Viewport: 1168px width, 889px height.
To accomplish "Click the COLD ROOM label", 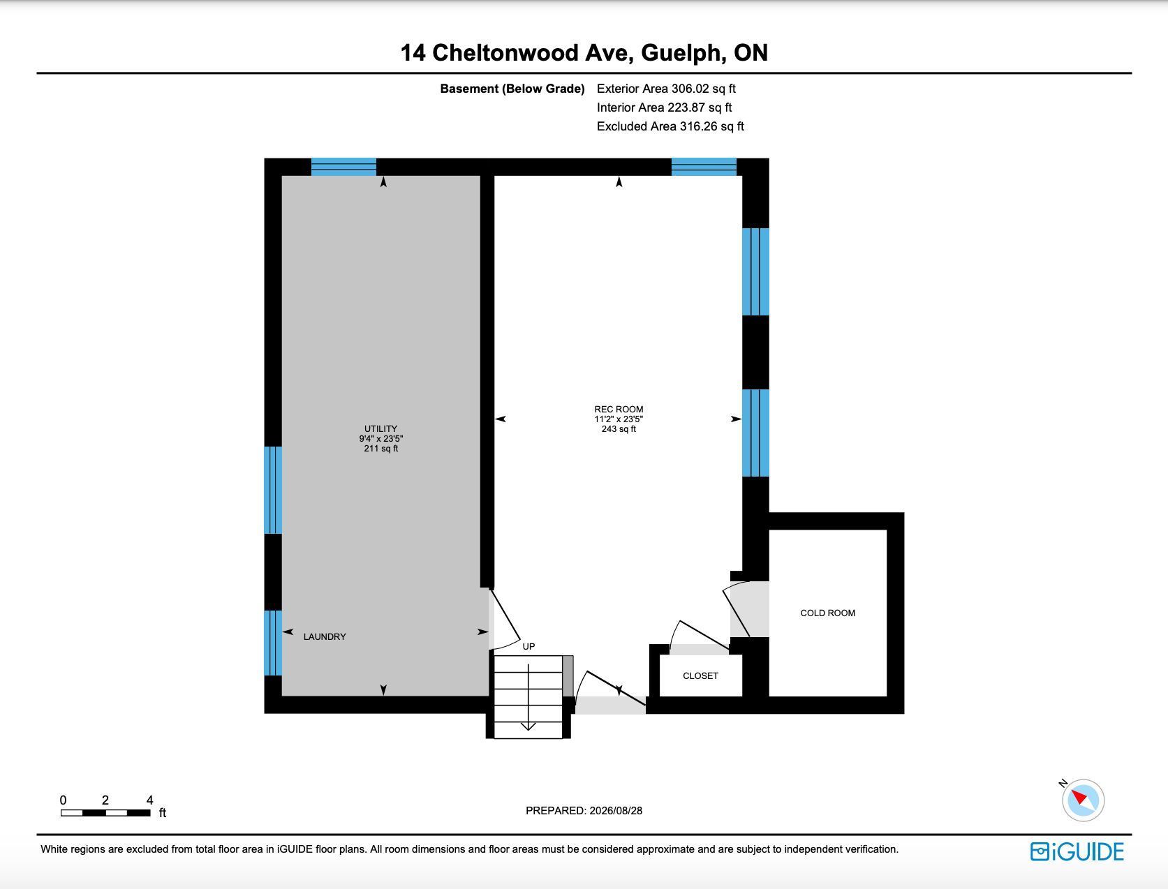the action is click(827, 613).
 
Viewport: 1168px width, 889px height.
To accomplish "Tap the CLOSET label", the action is click(700, 675).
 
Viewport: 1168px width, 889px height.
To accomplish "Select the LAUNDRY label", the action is click(325, 636).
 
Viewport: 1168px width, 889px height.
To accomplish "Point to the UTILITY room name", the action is click(380, 428).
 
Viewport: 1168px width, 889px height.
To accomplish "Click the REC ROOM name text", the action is click(619, 409).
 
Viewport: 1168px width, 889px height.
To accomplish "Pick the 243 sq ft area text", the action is click(619, 429).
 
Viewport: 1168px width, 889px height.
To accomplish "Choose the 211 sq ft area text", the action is click(380, 449).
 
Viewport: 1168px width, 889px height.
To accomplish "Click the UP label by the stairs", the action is click(528, 647).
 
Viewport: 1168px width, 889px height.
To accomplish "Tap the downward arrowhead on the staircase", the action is click(528, 726).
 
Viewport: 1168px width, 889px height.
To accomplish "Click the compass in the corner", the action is click(1083, 800).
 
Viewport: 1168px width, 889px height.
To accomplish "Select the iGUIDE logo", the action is click(1077, 851).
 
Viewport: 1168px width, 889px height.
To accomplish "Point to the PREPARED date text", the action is click(584, 811).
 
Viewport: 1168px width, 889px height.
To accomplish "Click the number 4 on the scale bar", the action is click(149, 800).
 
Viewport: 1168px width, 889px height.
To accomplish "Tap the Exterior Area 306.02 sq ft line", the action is click(666, 89).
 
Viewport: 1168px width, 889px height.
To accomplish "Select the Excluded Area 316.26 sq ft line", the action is click(670, 126).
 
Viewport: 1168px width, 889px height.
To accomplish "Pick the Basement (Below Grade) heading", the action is click(512, 89).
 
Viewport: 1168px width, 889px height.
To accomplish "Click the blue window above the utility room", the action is click(343, 166).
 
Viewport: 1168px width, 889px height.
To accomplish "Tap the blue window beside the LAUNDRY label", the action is click(273, 643).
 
